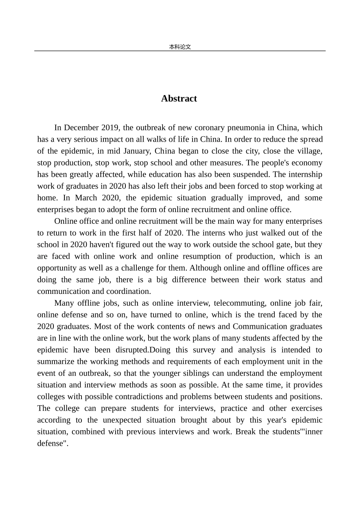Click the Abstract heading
[x=179, y=98]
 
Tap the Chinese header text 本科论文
[x=180, y=47]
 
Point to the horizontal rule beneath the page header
[x=180, y=51]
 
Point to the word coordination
[x=129, y=292]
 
